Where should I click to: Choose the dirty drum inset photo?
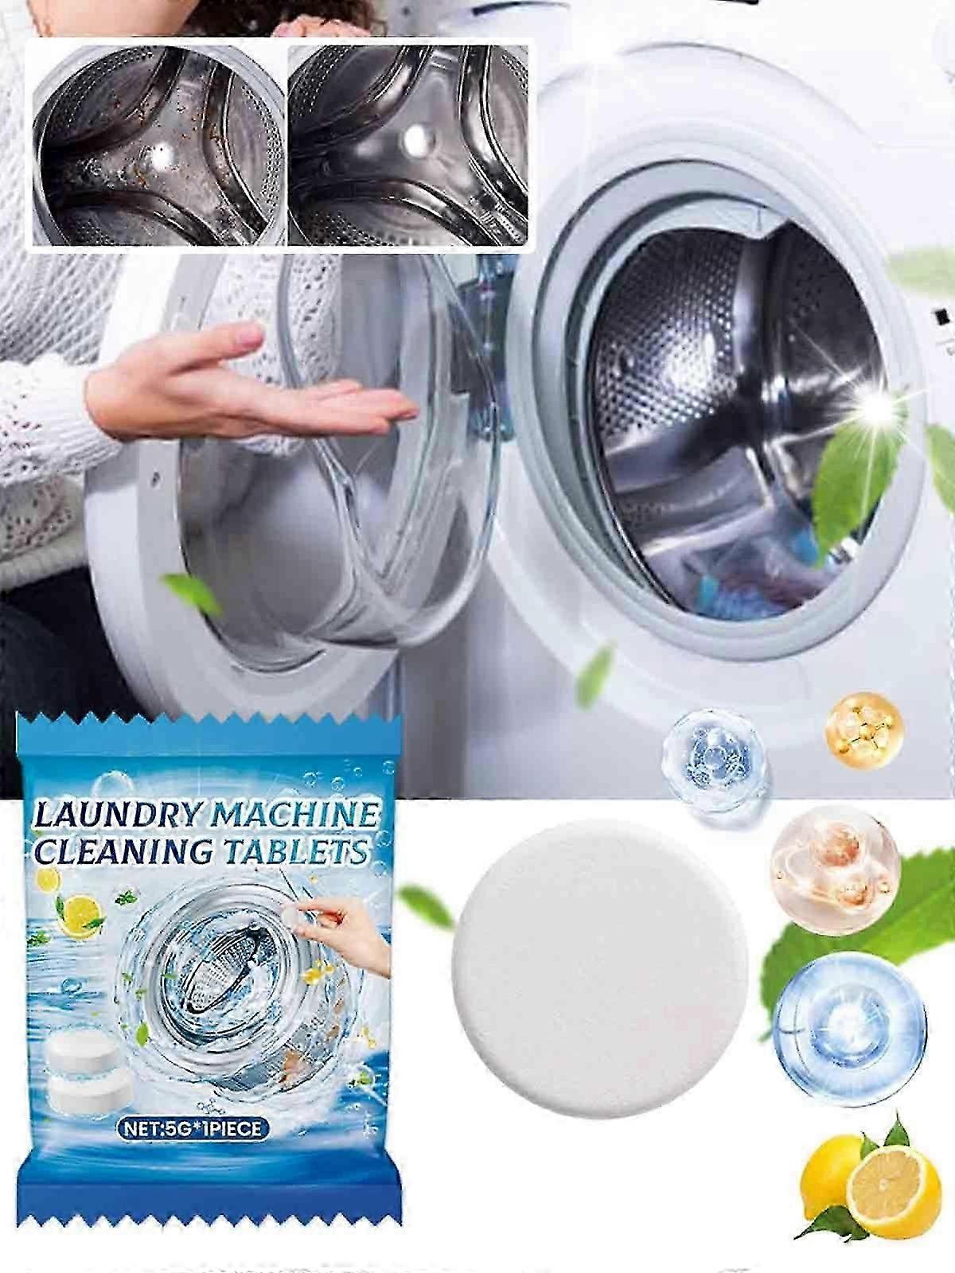(x=159, y=146)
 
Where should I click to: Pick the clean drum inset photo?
(x=407, y=146)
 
